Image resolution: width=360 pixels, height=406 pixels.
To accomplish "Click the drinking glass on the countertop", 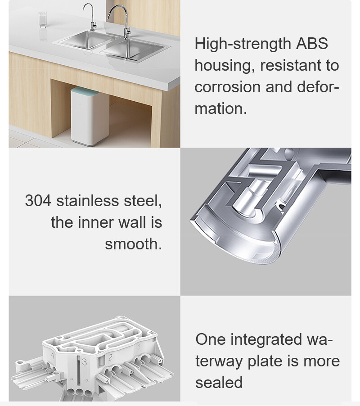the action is tap(42, 19).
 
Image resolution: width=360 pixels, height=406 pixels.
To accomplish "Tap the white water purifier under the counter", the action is tap(90, 117).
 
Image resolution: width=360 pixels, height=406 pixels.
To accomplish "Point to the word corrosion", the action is tap(227, 87).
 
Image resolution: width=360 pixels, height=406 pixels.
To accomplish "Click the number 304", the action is tap(38, 201).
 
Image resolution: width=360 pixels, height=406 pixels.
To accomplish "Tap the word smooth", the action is tap(133, 244).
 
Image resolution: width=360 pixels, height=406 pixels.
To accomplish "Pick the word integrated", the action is tap(266, 339).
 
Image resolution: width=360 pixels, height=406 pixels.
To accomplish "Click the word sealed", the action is tap(219, 383).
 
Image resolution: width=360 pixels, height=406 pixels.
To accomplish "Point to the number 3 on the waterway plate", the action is tap(84, 362).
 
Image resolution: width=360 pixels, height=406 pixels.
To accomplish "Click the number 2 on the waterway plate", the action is tap(110, 357).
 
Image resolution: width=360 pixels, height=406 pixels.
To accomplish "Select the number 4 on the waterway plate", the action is tap(53, 355).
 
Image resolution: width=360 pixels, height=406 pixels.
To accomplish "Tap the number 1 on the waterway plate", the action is tap(139, 347).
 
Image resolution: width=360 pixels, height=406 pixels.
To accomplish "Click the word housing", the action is tap(225, 66).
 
